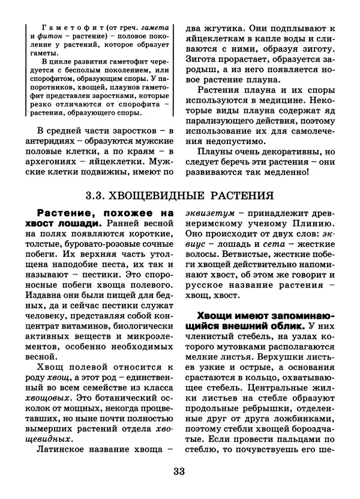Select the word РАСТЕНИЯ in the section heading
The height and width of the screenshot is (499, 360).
click(x=244, y=195)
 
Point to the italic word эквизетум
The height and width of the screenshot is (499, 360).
click(x=209, y=213)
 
